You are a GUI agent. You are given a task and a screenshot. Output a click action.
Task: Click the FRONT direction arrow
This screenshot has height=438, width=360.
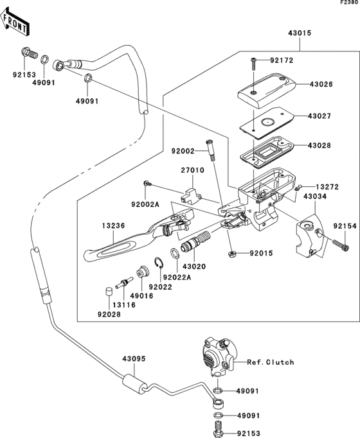[15, 22]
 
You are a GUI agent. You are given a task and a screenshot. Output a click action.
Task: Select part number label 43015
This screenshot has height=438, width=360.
[300, 33]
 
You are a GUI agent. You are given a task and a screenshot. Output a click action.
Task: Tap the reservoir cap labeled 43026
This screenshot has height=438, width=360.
[267, 91]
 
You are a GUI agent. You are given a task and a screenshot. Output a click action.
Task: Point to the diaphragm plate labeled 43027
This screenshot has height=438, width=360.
[267, 123]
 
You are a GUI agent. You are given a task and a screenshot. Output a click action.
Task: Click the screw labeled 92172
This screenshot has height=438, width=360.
[254, 64]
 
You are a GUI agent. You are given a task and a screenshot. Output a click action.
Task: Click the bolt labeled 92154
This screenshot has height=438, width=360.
[341, 245]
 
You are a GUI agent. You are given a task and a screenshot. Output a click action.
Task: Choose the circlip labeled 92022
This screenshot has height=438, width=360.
[159, 263]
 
